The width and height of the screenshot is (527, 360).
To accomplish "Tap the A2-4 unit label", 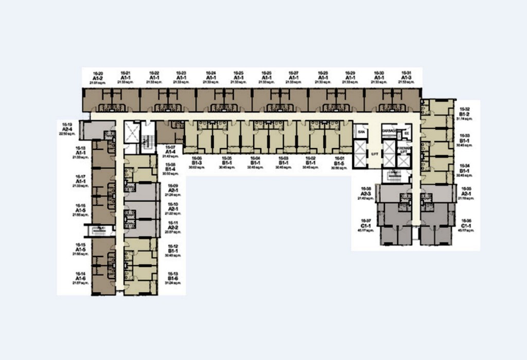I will (x=67, y=129).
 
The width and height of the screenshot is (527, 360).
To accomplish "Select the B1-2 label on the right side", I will (x=464, y=114).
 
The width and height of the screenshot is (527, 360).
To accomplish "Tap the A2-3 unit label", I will (x=366, y=193).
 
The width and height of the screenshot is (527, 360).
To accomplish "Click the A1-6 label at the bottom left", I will (x=80, y=278).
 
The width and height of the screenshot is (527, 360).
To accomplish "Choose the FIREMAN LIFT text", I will (x=404, y=151).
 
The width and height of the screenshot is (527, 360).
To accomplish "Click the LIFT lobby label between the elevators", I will (x=375, y=153).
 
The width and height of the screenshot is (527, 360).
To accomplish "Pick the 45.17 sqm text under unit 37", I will (x=366, y=230).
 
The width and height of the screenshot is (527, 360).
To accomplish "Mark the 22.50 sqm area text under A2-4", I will (x=67, y=134).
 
